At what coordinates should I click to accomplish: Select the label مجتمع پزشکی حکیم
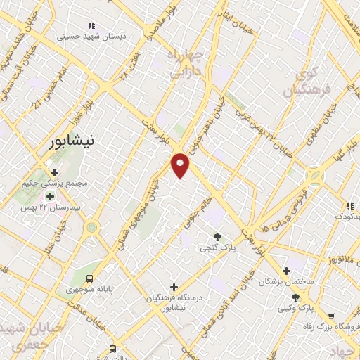click(x=60, y=182)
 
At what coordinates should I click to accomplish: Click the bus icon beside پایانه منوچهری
click(x=89, y=277)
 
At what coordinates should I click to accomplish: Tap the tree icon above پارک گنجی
click(x=217, y=237)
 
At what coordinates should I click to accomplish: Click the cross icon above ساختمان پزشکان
click(x=285, y=271)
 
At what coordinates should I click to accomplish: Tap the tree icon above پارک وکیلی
click(x=304, y=297)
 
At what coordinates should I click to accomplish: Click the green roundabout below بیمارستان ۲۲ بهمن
click(x=92, y=227)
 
